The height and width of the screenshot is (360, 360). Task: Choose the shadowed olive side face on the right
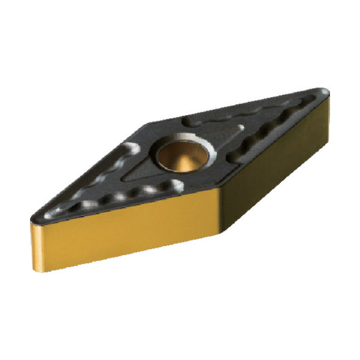[x=270, y=180]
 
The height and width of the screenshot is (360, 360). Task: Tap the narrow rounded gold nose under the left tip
[x=36, y=240]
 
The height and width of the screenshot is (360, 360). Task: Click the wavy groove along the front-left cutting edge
[x=120, y=198]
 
